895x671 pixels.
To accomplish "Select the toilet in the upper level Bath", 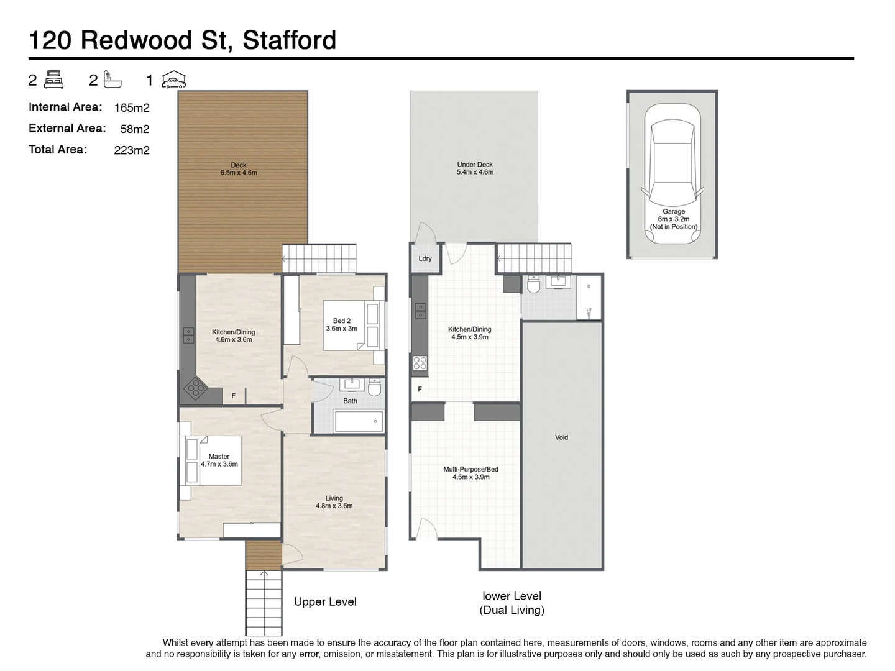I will point(374,387).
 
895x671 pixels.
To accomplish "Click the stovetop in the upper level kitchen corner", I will point(195,389).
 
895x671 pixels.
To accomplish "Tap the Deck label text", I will point(239,165).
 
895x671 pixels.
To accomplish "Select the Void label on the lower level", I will point(561,437).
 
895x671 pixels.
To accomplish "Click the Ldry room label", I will point(425,258).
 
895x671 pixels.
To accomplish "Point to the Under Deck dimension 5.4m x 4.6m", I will point(475,172).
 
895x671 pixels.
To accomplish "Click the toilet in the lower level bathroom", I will point(533,285).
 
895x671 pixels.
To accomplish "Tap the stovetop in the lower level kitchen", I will point(420,363).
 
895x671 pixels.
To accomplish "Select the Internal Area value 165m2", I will point(132,108).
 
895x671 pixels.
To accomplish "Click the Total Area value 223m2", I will point(132,150).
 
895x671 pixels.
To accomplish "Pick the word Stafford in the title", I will point(289,40).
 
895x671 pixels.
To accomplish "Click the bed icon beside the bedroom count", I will point(55,80).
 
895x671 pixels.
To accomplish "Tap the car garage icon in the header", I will point(174,80).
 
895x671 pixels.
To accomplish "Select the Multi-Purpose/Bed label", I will point(470,469).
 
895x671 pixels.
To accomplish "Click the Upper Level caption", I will point(325,601).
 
